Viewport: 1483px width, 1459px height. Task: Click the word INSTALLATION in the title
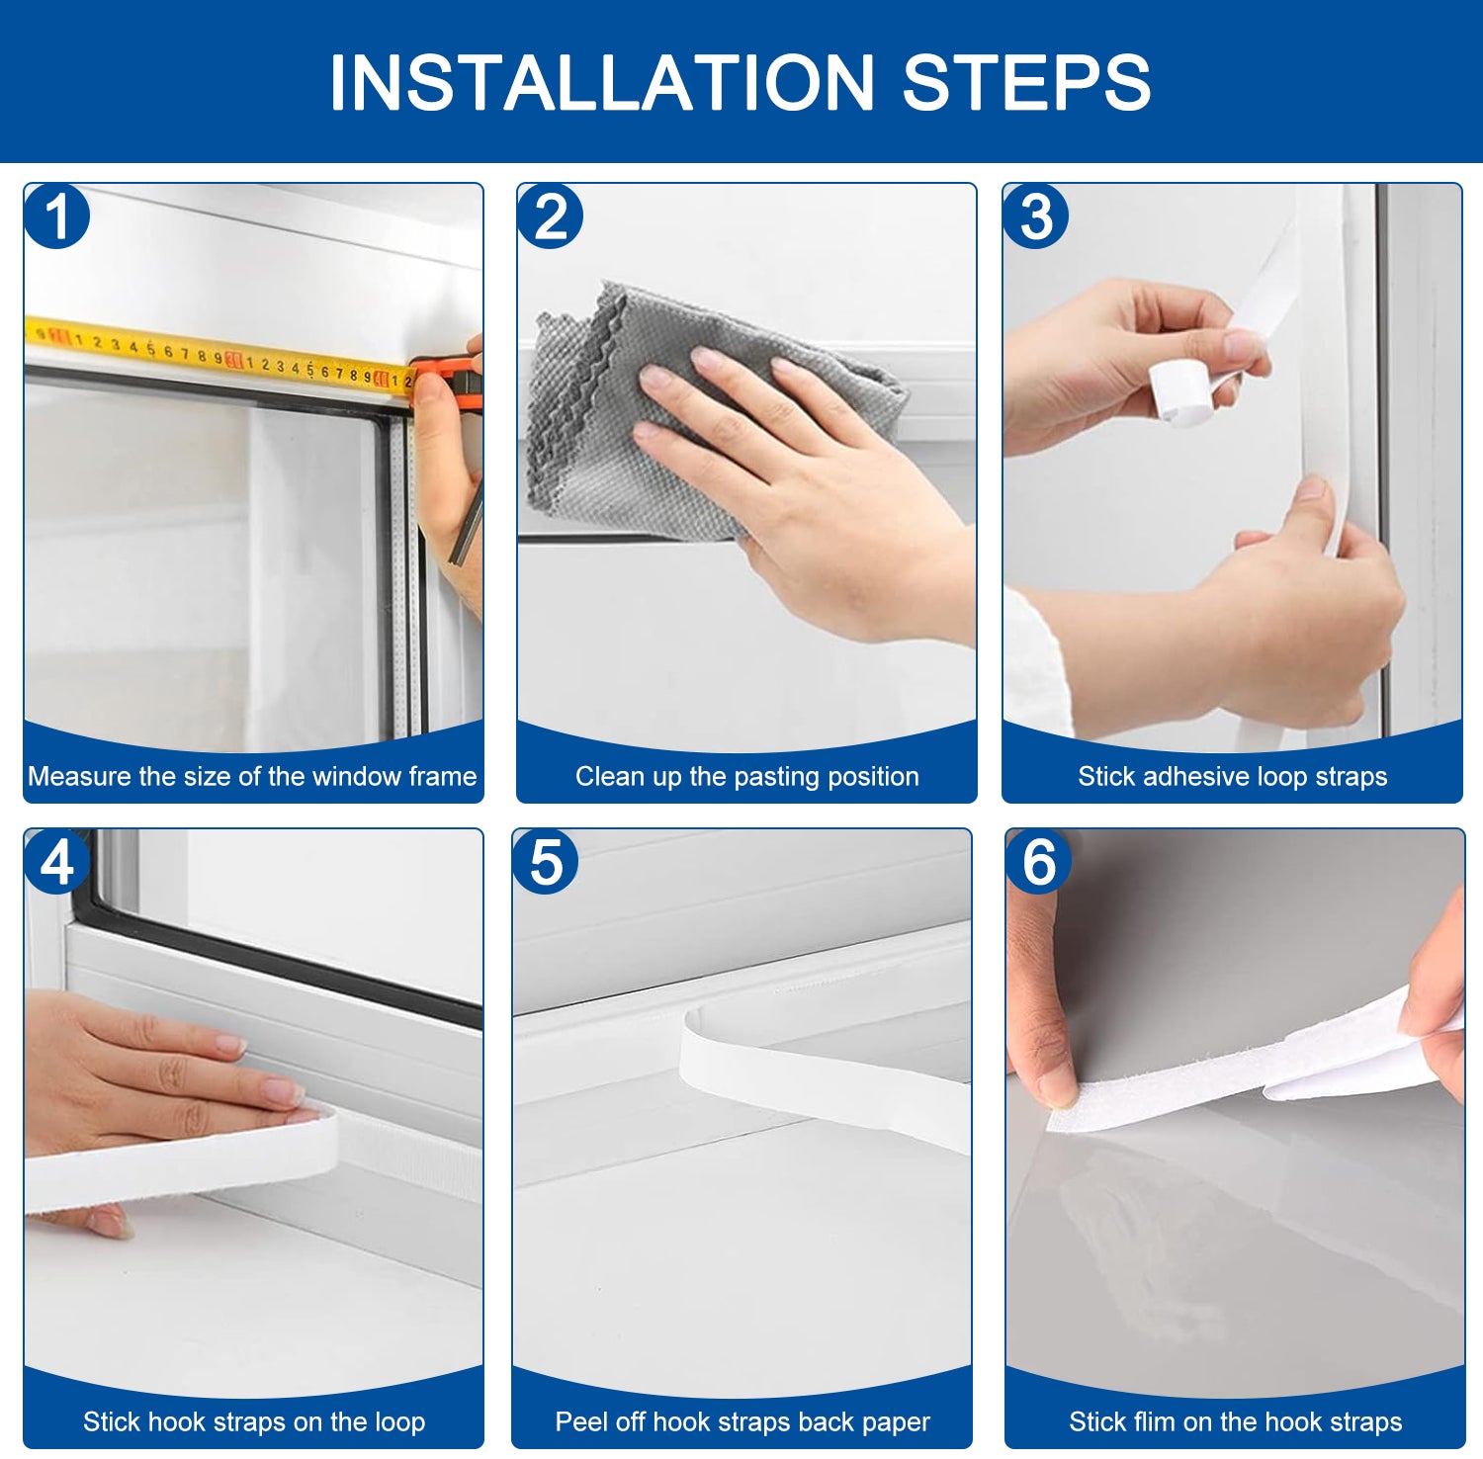(602, 82)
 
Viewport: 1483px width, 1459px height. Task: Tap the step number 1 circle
(57, 216)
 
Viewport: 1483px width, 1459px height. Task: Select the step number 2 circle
(550, 216)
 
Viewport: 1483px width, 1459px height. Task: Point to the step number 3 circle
(1035, 216)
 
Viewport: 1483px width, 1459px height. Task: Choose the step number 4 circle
(57, 861)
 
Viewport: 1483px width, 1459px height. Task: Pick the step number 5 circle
(546, 861)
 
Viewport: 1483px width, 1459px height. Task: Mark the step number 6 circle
(1038, 861)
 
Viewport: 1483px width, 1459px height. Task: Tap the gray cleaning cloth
(593, 415)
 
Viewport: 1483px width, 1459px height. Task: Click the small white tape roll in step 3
(1181, 390)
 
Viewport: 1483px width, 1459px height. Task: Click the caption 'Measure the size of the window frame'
(252, 777)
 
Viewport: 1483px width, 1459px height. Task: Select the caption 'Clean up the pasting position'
(746, 777)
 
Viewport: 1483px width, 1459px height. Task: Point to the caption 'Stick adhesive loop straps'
(1232, 777)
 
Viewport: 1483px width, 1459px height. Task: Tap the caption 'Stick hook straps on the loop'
(254, 1422)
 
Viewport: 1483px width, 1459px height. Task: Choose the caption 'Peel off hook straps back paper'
(742, 1422)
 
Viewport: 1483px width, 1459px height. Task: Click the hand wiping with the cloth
(791, 474)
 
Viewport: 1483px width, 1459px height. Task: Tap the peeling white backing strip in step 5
(821, 1082)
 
